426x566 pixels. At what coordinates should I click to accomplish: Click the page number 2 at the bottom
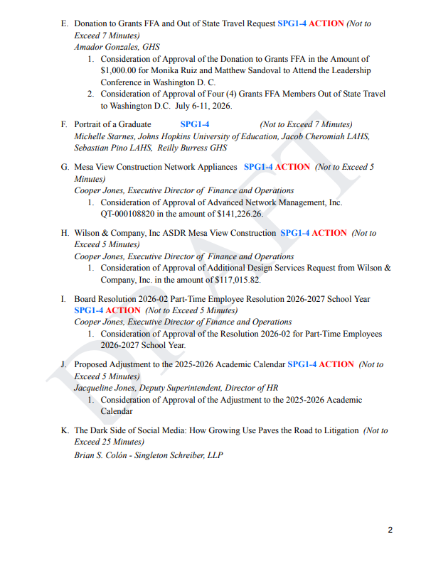click(x=390, y=529)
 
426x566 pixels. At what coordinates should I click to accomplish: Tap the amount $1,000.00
click(x=124, y=70)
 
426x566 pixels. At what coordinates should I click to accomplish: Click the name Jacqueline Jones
click(x=107, y=388)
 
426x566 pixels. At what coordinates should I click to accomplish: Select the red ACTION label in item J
click(x=336, y=364)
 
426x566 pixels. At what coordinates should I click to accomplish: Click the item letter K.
click(x=65, y=430)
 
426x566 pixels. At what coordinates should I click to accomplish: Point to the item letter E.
click(x=65, y=23)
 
